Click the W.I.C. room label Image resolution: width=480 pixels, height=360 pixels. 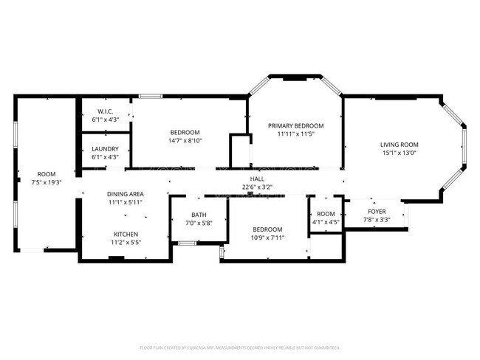coord(105,111)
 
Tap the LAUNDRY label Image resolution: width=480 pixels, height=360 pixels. coord(105,148)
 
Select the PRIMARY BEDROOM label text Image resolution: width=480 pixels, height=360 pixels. coord(295,126)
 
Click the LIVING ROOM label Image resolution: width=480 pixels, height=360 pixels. coord(400,145)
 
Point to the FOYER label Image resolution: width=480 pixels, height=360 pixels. coord(376,211)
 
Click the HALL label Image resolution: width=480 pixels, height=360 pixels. coord(257,179)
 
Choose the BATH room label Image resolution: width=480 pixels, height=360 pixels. coord(189,215)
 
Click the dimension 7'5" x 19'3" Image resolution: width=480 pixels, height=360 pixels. coord(46,181)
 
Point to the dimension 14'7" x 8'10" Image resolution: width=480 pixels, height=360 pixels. coord(185,140)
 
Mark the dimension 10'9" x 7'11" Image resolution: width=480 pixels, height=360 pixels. coord(267,238)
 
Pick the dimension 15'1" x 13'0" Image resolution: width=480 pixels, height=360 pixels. coord(400,153)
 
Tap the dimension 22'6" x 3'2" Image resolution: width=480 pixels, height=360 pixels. coord(257,187)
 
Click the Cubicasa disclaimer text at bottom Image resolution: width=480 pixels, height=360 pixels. coord(240,347)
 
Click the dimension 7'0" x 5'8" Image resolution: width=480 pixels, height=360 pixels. coord(189,223)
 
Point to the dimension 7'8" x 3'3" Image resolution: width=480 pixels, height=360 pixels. coord(376,219)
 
